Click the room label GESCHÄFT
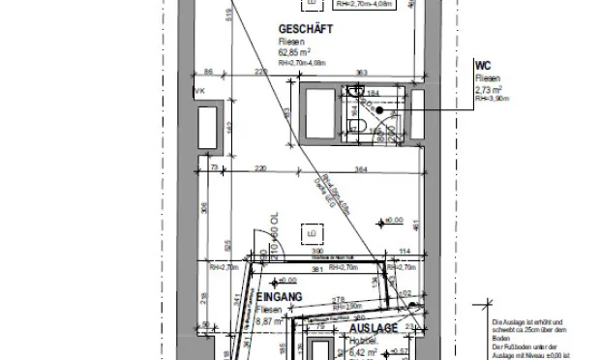(x=305, y=30)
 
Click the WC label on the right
(x=482, y=65)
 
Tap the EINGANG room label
(x=280, y=296)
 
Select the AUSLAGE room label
(x=373, y=330)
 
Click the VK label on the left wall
(x=199, y=92)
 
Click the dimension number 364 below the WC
(x=361, y=170)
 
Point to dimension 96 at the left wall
(x=207, y=72)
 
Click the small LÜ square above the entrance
(x=312, y=233)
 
